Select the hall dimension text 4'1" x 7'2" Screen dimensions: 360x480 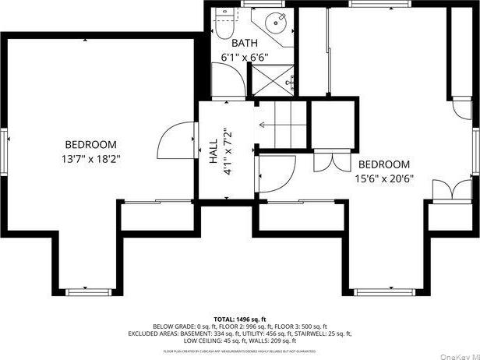tap(228, 149)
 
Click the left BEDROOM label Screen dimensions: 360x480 tap(90, 144)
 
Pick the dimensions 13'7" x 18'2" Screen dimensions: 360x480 tap(90, 158)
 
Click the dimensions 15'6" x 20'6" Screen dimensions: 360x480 tap(384, 178)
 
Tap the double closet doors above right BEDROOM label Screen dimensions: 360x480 tap(327, 161)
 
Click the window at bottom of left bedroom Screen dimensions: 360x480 tap(89, 291)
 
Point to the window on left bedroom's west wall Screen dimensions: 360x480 tap(5, 148)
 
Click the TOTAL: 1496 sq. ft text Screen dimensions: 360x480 tap(240, 319)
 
